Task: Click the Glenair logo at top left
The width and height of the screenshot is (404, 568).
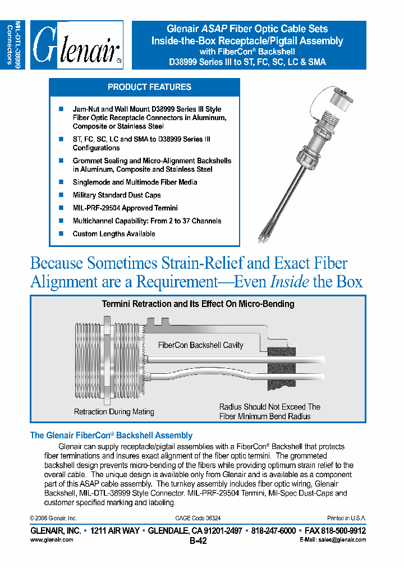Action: click(x=76, y=45)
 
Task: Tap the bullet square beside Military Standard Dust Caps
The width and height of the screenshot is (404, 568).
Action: click(x=61, y=195)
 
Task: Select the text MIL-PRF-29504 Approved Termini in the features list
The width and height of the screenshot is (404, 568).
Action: click(x=125, y=208)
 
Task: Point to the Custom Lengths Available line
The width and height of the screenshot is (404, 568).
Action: click(x=113, y=233)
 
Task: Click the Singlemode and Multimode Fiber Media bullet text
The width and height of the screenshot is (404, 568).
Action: click(x=135, y=182)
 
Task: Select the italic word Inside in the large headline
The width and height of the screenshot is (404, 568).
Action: click(x=290, y=281)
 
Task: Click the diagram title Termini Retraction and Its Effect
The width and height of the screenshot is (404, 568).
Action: click(x=198, y=304)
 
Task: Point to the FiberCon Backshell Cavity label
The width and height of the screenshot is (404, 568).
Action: click(x=200, y=345)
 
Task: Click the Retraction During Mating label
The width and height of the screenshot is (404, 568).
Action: click(x=114, y=411)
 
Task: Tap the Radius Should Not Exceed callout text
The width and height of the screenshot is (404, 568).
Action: click(x=269, y=411)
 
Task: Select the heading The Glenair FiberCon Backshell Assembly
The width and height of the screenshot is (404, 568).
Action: click(x=111, y=435)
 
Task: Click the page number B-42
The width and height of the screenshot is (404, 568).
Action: click(x=198, y=541)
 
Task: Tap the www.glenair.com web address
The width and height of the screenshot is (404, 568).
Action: click(x=51, y=539)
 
